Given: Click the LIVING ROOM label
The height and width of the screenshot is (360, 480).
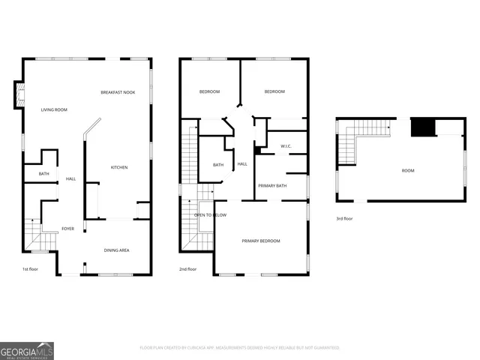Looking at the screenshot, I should click(54, 110).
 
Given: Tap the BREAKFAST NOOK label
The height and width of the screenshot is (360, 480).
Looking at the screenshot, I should click(117, 91).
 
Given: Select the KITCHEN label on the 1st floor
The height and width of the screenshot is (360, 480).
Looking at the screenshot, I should click(119, 167).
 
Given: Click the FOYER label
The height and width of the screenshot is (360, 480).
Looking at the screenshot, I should click(67, 229).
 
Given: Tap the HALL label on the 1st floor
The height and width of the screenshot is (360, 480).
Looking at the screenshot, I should click(70, 178).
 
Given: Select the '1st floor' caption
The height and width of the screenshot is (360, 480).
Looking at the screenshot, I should click(30, 268).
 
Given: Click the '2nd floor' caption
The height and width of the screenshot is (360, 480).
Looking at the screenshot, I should click(187, 268).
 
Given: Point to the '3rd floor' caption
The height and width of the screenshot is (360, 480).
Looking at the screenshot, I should click(345, 218).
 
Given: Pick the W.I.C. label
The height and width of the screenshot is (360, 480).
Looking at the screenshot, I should click(286, 145).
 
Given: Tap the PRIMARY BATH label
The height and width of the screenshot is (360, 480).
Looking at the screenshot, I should click(272, 185).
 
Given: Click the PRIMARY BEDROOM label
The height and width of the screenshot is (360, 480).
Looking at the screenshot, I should click(260, 241).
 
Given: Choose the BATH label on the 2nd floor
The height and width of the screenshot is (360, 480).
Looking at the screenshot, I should click(218, 165).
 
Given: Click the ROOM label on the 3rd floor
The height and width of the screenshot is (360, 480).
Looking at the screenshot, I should click(407, 170).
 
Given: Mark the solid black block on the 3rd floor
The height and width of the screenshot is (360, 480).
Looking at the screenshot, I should click(423, 128).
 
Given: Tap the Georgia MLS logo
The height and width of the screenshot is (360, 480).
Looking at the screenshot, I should click(27, 350).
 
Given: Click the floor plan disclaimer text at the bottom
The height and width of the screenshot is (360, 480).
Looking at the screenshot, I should click(240, 348).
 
